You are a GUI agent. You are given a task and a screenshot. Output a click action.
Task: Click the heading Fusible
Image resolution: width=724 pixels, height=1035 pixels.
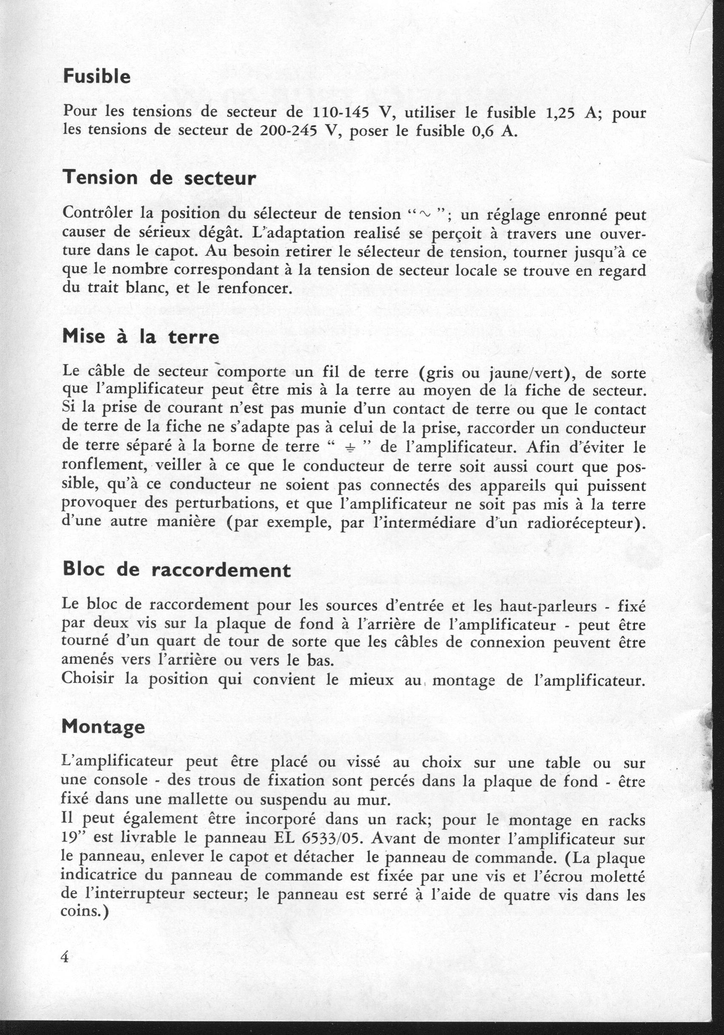coord(97,76)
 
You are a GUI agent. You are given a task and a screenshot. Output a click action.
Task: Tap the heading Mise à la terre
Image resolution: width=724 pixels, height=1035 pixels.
coord(141,336)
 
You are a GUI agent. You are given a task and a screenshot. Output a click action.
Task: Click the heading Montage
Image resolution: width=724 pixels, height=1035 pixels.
coord(103,727)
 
